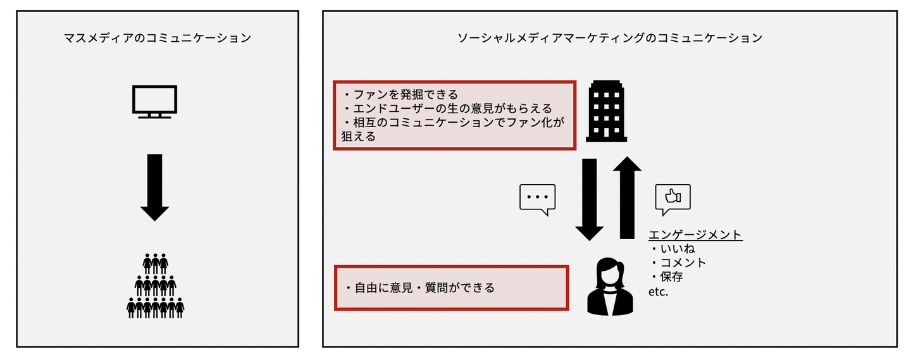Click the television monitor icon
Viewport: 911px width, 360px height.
(154, 102)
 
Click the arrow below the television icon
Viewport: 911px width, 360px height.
(154, 187)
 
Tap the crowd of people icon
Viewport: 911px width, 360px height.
(156, 285)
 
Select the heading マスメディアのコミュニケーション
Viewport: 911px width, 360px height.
(158, 38)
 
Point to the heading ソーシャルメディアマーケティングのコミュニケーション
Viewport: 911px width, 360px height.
(610, 38)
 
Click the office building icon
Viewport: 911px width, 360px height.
(606, 111)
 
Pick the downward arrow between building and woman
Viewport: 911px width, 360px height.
(590, 199)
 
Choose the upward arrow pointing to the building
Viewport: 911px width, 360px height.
(627, 197)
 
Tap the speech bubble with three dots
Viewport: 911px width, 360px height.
(537, 199)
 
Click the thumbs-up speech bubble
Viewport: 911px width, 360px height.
(672, 199)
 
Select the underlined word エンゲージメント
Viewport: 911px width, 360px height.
(695, 235)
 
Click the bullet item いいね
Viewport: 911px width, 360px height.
(672, 249)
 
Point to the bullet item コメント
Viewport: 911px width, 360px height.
(678, 263)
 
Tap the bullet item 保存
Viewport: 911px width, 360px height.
(667, 277)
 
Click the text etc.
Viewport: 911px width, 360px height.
(658, 292)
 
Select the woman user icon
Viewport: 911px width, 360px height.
(610, 287)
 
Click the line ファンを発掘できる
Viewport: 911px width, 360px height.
(400, 94)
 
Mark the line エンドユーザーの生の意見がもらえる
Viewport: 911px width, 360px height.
(448, 108)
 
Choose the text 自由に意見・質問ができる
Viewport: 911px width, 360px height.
(419, 288)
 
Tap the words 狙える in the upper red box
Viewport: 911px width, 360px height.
(358, 136)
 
